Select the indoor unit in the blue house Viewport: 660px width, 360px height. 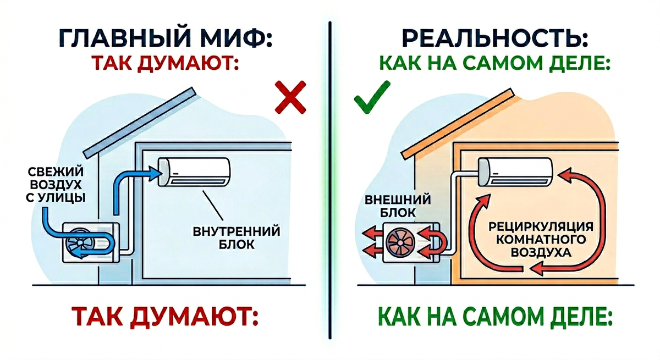pyautogui.click(x=195, y=171)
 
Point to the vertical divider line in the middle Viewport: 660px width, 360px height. pyautogui.click(x=330, y=181)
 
